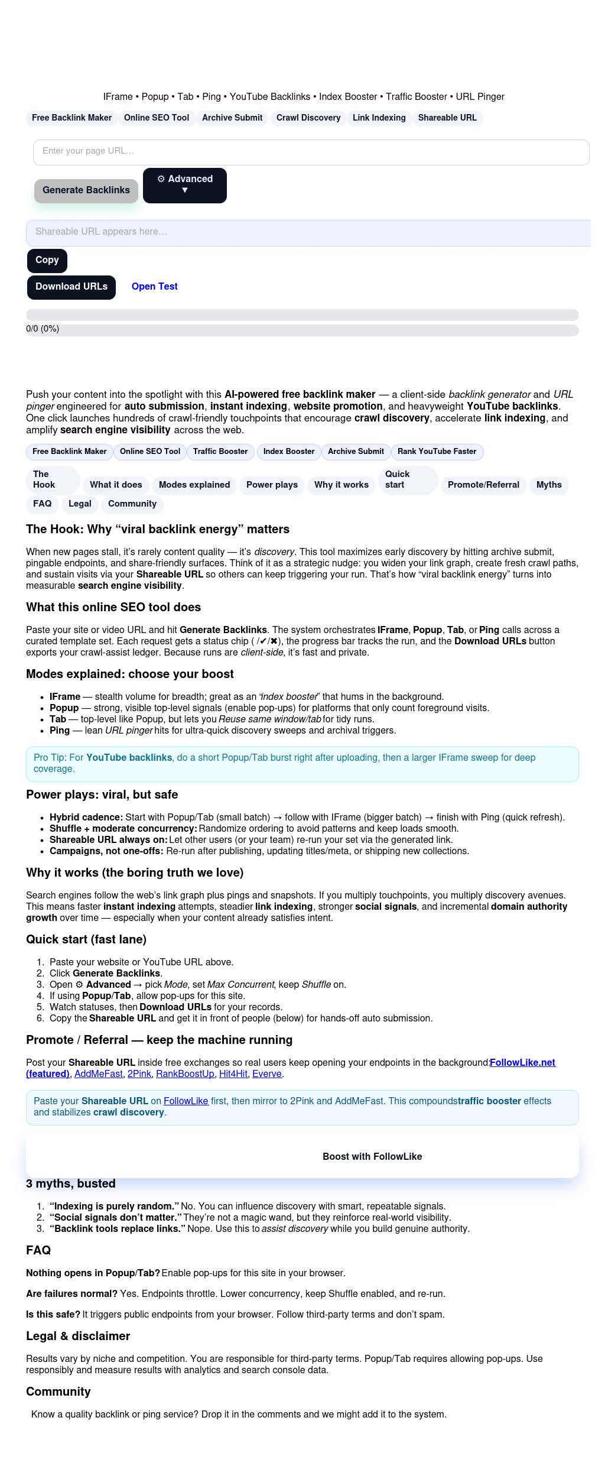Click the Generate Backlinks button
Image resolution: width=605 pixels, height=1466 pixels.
pyautogui.click(x=86, y=190)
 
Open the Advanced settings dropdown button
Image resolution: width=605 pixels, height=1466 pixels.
pyautogui.click(x=184, y=185)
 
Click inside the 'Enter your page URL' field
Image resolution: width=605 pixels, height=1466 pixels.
pyautogui.click(x=311, y=152)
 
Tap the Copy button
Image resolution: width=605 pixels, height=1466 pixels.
pyautogui.click(x=47, y=260)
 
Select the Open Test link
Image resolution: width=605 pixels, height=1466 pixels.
pyautogui.click(x=154, y=287)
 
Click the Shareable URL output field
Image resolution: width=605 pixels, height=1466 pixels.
pyautogui.click(x=308, y=232)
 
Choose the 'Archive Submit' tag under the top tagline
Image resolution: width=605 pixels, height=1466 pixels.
pyautogui.click(x=232, y=118)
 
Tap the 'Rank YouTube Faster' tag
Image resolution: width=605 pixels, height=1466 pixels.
pyautogui.click(x=437, y=452)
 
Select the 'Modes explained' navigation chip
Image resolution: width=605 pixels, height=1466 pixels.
pyautogui.click(x=194, y=485)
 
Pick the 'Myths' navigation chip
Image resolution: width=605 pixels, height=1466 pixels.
pyautogui.click(x=549, y=485)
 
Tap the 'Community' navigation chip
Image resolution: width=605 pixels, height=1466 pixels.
pyautogui.click(x=132, y=504)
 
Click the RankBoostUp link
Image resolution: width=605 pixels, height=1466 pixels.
pyautogui.click(x=185, y=1074)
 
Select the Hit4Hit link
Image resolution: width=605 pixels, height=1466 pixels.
pyautogui.click(x=233, y=1074)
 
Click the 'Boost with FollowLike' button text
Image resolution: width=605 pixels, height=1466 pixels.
pyautogui.click(x=372, y=1157)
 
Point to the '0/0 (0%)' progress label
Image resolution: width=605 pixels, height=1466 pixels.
pyautogui.click(x=43, y=329)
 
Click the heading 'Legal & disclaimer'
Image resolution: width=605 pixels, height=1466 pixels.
pyautogui.click(x=78, y=1337)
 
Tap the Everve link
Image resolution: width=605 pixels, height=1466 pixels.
pyautogui.click(x=267, y=1074)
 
